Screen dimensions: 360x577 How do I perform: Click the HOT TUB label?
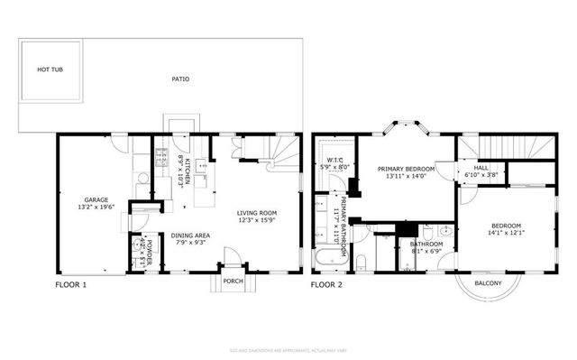[50, 69]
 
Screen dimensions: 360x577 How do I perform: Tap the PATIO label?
[180, 79]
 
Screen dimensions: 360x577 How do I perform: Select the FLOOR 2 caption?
[327, 285]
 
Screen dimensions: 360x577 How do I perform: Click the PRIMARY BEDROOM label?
[406, 169]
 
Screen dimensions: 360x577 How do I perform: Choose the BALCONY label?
[488, 284]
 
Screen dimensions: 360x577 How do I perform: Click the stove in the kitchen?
[161, 161]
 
